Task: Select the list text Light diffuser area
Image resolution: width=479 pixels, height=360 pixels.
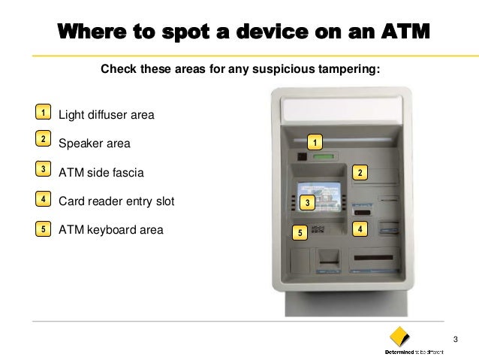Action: click(106, 115)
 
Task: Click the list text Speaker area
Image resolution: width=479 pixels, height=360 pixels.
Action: click(94, 144)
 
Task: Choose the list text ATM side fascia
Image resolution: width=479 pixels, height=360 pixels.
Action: click(101, 172)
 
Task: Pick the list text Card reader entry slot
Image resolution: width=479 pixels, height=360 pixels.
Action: click(116, 201)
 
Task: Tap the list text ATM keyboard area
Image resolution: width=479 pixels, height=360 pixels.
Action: click(110, 229)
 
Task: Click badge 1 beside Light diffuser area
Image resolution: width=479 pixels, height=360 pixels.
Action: click(44, 113)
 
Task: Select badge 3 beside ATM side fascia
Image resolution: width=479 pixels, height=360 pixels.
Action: click(44, 171)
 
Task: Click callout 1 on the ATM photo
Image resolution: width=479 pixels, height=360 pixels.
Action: click(316, 142)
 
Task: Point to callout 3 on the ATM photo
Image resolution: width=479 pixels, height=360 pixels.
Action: click(307, 203)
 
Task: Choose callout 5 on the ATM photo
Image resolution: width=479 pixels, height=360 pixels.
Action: click(300, 233)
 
